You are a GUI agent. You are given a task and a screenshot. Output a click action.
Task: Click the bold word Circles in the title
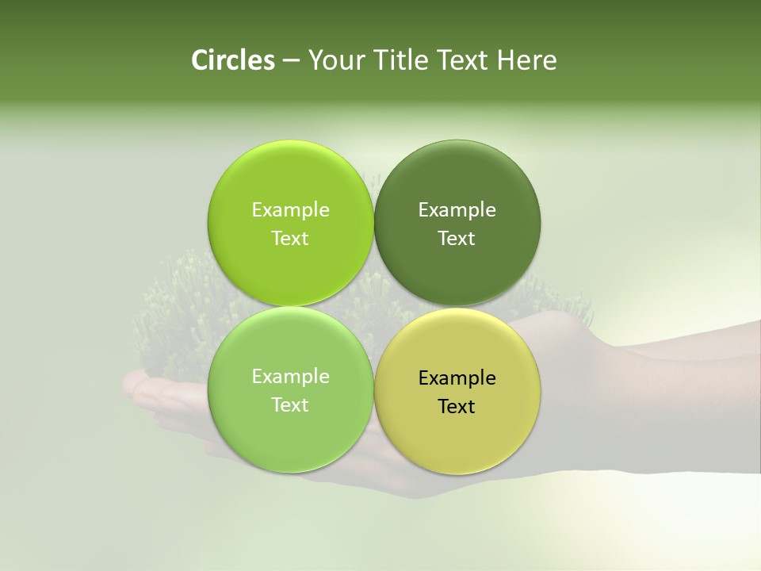(232, 60)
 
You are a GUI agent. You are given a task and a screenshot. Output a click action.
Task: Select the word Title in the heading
(399, 60)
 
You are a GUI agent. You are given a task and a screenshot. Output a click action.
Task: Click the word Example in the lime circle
(290, 209)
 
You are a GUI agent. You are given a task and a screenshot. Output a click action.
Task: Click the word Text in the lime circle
(290, 238)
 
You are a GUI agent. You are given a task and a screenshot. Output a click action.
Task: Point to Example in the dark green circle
(457, 209)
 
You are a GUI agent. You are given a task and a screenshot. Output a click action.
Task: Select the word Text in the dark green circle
(457, 238)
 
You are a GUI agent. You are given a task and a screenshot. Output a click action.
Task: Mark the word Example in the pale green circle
(290, 376)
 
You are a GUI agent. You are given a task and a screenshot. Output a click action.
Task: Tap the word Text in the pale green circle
(290, 404)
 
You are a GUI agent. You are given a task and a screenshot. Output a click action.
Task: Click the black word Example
(457, 377)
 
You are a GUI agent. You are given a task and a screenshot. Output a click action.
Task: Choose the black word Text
(457, 406)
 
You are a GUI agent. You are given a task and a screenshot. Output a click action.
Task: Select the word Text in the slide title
(463, 60)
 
